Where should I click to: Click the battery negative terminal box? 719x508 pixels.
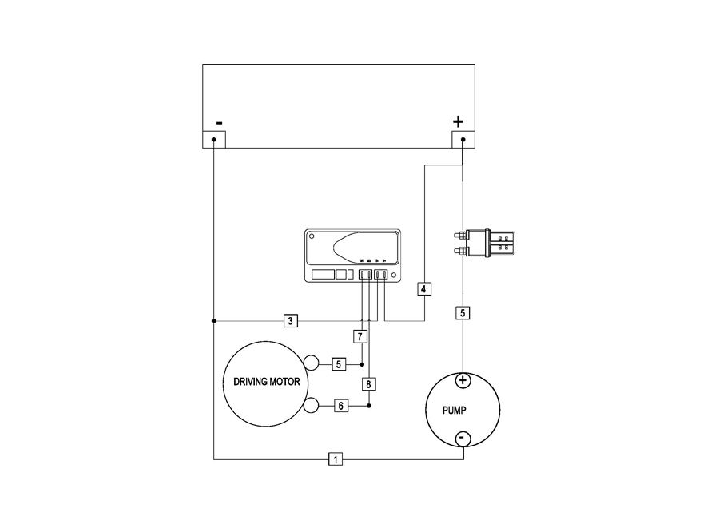214,140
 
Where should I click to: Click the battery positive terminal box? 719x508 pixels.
463,140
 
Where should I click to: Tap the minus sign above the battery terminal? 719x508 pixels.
218,123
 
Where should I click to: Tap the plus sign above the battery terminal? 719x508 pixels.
458,121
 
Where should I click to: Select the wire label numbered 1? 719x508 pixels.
336,459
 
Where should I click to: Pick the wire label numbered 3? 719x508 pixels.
292,321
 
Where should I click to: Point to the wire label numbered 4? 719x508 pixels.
424,288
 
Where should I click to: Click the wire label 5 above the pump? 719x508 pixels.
463,313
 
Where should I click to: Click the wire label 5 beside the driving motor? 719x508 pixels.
339,364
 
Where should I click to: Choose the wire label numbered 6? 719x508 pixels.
340,406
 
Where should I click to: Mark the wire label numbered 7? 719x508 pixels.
361,336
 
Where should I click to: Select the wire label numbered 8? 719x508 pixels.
368,384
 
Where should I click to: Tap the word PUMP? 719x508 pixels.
455,411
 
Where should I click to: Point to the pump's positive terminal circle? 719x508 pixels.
463,380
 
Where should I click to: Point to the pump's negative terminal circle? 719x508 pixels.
463,439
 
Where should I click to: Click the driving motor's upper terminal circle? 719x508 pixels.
312,364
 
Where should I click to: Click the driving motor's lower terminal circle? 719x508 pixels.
312,406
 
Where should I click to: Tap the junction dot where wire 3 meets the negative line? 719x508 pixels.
214,321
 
